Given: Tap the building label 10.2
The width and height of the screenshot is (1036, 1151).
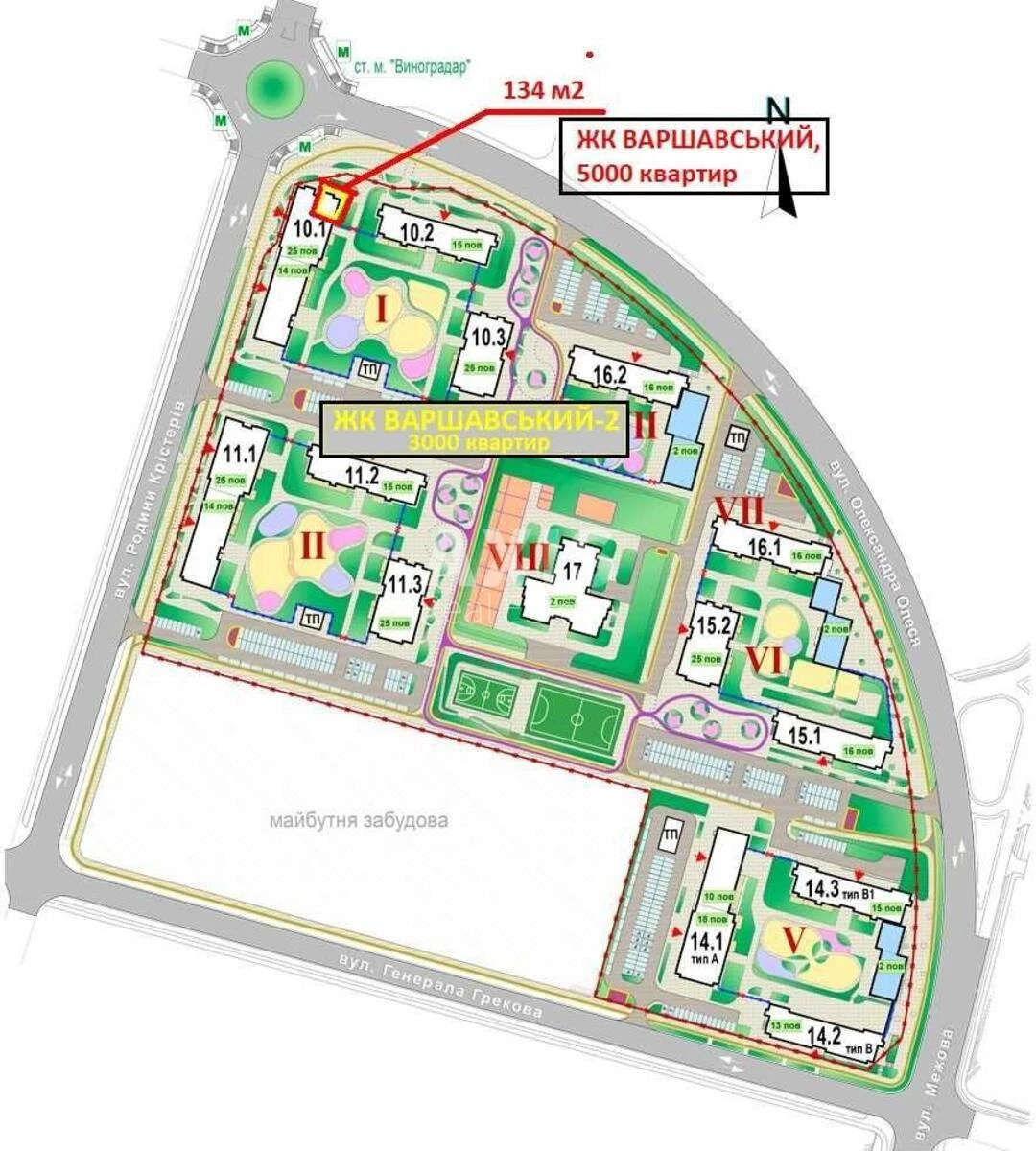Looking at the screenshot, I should coord(418,231).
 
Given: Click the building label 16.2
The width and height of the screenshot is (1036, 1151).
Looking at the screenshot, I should coord(611,375).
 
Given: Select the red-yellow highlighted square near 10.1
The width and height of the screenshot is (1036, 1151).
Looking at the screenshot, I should coord(332,203).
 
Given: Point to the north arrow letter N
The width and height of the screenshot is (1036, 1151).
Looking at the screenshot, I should coord(778,110).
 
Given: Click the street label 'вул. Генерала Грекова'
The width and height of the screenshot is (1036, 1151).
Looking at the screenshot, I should coord(440,985).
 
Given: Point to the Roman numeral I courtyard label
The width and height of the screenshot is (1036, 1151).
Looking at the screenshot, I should coord(381,310).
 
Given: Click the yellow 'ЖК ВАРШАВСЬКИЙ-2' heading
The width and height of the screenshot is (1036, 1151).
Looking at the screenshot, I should coord(477,421).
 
